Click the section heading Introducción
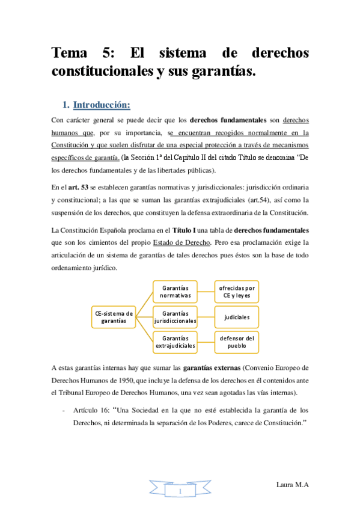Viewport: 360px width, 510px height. [x=102, y=105]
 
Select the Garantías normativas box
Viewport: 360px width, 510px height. [x=176, y=292]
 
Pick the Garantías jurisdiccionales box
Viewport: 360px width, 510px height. [x=176, y=317]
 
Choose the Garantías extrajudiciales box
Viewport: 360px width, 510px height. [x=176, y=342]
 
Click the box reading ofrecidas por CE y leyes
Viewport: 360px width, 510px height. [x=237, y=292]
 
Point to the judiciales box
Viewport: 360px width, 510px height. [x=237, y=316]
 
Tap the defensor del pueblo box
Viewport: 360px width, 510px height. [x=237, y=342]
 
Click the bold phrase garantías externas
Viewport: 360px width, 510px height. [x=182, y=367]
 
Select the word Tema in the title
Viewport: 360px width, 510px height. [x=71, y=54]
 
